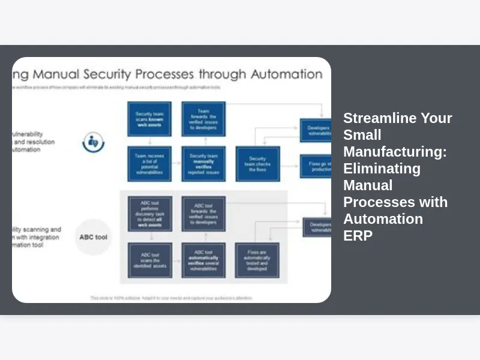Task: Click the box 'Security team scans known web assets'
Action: coord(149,119)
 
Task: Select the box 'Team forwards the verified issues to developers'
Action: coord(203,119)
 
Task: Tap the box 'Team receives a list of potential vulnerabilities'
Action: coord(149,163)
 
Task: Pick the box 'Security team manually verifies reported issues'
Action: coord(203,163)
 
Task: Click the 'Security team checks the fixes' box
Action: coord(258,163)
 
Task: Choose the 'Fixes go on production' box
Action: coord(316,166)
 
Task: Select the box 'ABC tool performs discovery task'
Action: coord(149,214)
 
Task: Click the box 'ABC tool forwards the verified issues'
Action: coord(203,214)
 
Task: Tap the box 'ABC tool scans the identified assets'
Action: coord(149,260)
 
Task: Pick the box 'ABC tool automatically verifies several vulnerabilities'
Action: coord(203,260)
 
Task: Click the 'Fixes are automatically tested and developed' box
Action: coord(256,260)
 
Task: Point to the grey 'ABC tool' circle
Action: coord(94,237)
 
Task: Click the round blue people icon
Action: coord(94,142)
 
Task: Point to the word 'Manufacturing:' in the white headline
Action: coord(395,152)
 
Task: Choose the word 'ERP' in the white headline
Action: coord(358,236)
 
